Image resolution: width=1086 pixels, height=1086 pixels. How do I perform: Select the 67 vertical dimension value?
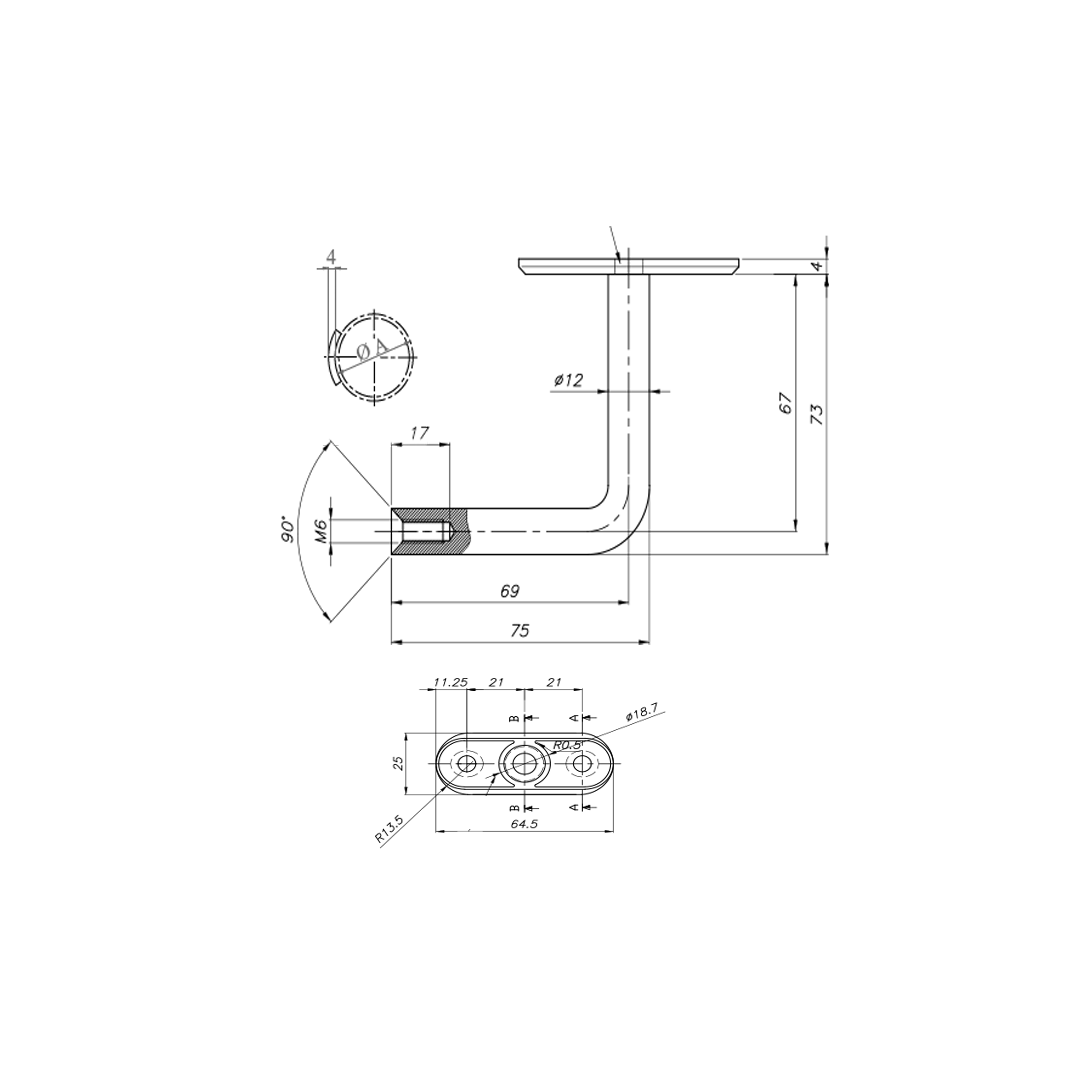(x=786, y=403)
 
